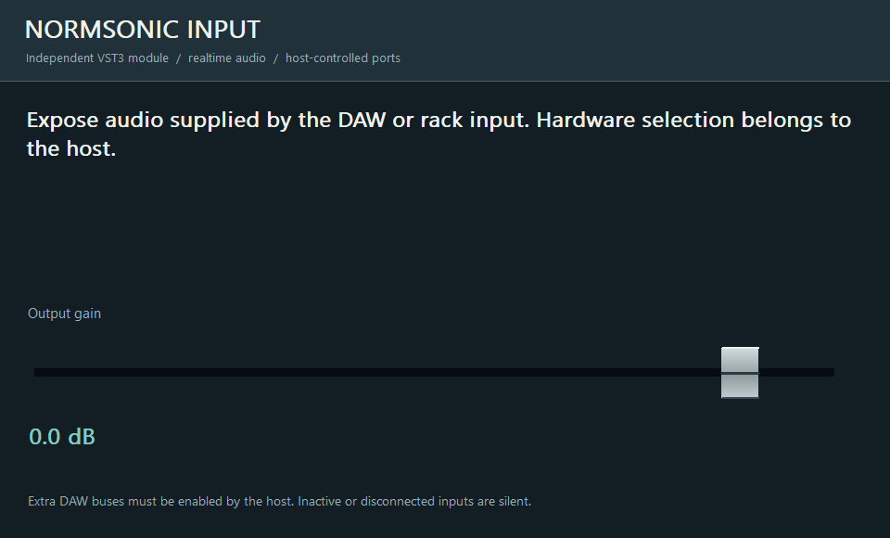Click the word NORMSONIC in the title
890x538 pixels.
click(102, 30)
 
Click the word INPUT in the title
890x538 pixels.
click(223, 30)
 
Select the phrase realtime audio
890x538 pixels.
click(227, 58)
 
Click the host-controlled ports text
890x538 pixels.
click(343, 58)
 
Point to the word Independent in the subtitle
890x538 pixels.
click(59, 58)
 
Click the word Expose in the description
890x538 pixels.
click(62, 121)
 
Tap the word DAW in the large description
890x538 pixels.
click(362, 120)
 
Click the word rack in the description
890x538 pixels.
click(441, 120)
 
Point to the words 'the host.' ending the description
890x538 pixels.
click(71, 148)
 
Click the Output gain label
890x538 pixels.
click(64, 314)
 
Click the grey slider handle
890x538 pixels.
click(740, 373)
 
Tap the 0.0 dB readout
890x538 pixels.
click(62, 436)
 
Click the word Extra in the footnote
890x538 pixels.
click(42, 502)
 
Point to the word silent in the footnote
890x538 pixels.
click(515, 502)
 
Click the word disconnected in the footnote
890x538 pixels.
click(398, 502)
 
